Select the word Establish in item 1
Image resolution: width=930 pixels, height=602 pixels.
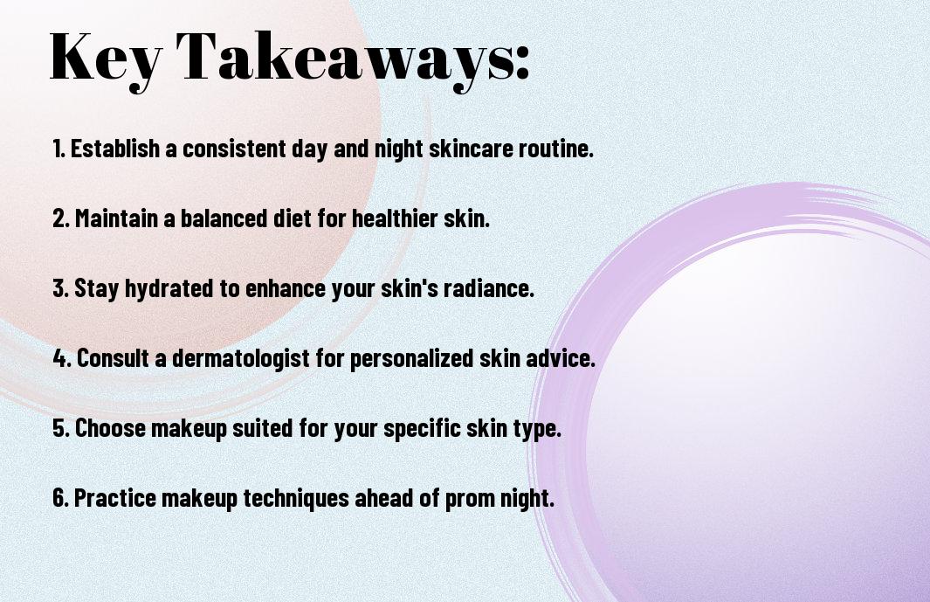115,149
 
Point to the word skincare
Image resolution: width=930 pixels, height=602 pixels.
471,149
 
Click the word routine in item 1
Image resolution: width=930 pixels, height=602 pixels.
555,149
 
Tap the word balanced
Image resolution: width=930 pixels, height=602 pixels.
224,218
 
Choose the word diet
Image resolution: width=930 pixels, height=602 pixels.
292,218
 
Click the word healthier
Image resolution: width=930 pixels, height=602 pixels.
395,218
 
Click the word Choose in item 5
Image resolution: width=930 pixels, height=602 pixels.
110,428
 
